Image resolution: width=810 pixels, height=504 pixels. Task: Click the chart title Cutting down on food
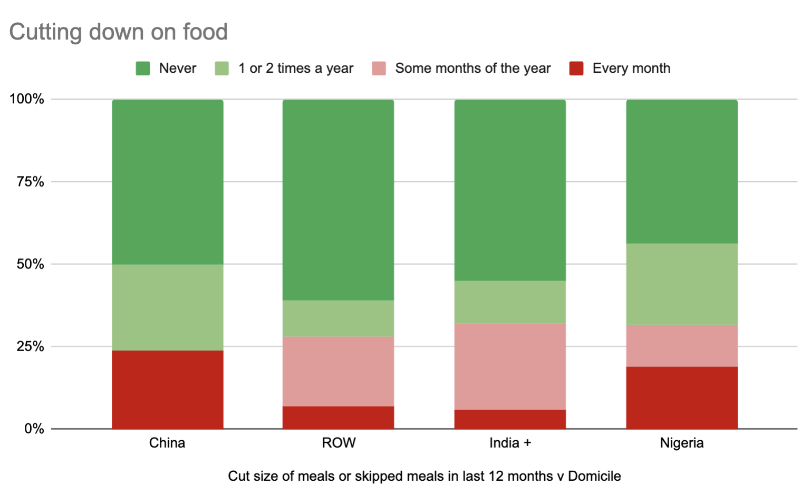point(119,32)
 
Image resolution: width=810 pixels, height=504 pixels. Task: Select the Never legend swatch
point(143,69)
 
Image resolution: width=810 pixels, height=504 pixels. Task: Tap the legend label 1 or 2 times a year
point(295,69)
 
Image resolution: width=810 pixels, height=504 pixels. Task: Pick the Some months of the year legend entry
point(472,69)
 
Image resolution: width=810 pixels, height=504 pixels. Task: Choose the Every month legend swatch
point(576,69)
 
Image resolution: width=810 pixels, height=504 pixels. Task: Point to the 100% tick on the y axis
point(27,99)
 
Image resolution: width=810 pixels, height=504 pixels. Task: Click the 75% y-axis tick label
point(30,182)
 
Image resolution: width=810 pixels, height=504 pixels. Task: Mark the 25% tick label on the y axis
point(30,346)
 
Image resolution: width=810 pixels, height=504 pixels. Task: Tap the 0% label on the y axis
point(34,429)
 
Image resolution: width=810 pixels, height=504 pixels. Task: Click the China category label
point(167,443)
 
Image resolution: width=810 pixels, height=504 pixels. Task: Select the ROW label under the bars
point(339,443)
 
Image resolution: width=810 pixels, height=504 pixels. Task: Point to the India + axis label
point(510,443)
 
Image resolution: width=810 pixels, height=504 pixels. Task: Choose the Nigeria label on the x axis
point(682,443)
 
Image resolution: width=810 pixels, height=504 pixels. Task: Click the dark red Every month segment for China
point(168,390)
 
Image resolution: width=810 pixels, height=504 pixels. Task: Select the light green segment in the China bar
point(168,307)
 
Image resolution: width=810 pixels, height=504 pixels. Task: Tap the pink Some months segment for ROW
point(339,371)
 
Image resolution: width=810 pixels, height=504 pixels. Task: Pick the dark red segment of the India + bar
point(510,419)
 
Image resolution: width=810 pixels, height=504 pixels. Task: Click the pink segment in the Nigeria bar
point(682,346)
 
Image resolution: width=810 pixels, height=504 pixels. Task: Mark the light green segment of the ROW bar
point(339,318)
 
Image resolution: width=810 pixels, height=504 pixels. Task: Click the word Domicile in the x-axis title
point(594,476)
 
